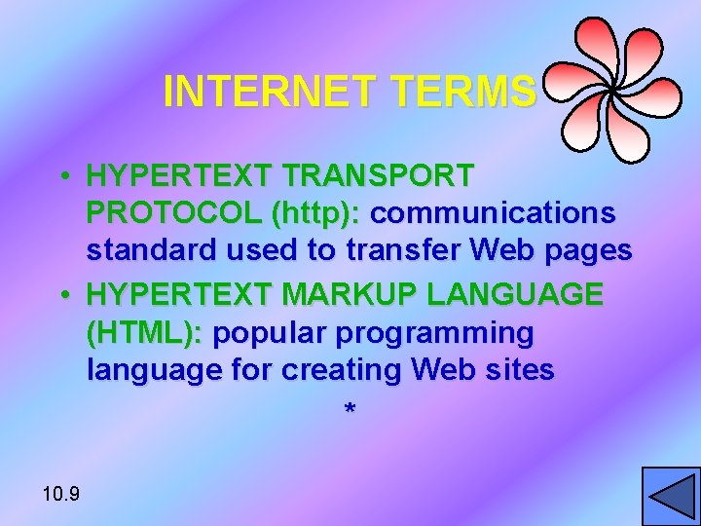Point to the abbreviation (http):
click(317, 212)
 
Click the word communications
click(493, 212)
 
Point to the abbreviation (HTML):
click(145, 333)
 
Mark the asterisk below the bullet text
click(350, 411)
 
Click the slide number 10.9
click(61, 494)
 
